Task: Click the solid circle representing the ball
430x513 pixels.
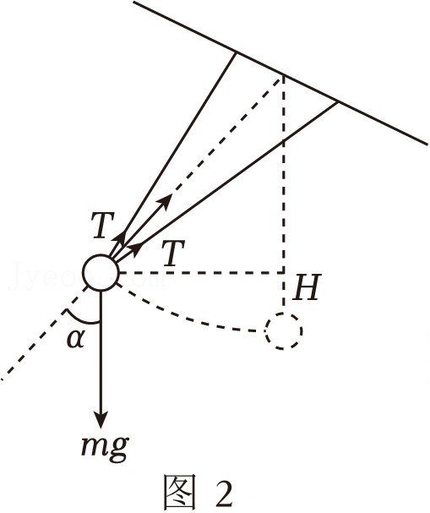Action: click(101, 272)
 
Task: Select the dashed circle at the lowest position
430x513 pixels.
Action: click(284, 330)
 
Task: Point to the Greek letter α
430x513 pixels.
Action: click(76, 339)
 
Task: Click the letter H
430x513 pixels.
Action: click(307, 288)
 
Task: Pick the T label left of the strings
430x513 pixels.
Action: click(103, 225)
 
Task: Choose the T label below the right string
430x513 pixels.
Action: click(174, 253)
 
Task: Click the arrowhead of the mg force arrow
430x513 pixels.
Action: click(101, 419)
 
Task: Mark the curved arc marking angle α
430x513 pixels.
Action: click(81, 319)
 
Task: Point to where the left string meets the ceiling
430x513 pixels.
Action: click(236, 52)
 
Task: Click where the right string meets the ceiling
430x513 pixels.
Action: click(337, 103)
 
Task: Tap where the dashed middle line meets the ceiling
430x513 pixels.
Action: click(283, 76)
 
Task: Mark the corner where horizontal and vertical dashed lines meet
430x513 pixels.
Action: click(283, 272)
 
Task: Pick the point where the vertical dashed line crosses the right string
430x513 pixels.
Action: click(283, 141)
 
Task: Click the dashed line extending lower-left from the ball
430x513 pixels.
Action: click(44, 333)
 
